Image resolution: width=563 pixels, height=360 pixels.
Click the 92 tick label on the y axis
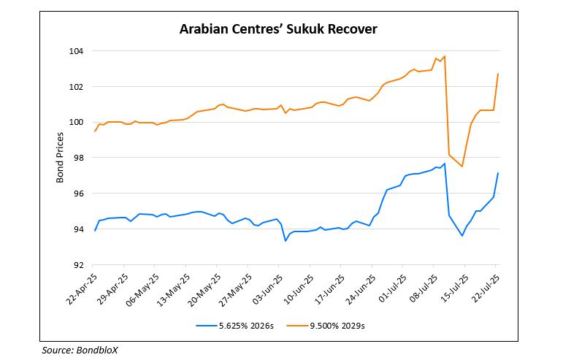pos(80,265)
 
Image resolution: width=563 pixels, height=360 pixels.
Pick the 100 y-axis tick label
pos(78,122)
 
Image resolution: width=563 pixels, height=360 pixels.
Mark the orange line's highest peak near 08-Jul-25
pos(444,56)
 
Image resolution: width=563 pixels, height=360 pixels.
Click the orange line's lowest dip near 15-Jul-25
pos(462,166)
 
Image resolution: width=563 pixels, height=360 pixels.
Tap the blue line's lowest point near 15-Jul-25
pos(462,235)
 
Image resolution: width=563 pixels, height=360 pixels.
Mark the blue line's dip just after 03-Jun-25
pos(286,241)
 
